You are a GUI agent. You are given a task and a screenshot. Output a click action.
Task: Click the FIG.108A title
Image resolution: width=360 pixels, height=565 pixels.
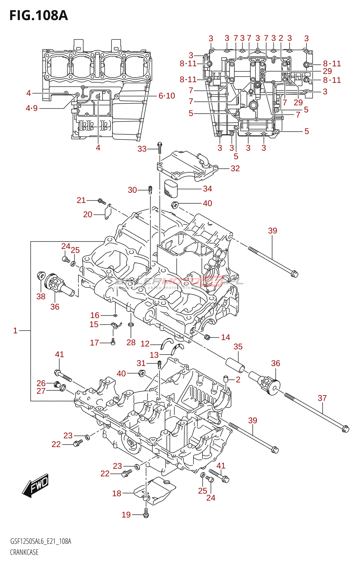(38, 16)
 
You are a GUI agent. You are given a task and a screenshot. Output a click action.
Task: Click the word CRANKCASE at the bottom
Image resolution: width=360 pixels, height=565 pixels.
(24, 552)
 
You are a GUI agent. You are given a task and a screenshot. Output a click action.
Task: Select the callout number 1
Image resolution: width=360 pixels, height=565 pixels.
(15, 331)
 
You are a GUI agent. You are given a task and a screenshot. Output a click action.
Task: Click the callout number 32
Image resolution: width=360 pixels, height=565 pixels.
(235, 168)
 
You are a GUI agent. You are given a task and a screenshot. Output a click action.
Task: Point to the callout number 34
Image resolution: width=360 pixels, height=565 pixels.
(207, 189)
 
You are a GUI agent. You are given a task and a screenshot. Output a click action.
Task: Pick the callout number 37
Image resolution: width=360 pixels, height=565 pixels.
(322, 398)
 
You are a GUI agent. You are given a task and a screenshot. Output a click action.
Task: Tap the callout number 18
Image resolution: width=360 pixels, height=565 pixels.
(116, 493)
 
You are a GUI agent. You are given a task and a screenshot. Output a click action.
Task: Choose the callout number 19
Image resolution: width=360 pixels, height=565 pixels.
(126, 515)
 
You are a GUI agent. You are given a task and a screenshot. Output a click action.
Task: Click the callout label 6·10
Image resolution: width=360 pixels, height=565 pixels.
(167, 96)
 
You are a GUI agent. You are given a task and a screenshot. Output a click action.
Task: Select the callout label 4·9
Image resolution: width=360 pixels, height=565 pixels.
(31, 108)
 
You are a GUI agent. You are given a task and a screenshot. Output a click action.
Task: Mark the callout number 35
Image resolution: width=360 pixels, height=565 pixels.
(238, 347)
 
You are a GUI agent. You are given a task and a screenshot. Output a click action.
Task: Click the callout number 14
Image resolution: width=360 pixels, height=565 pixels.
(226, 337)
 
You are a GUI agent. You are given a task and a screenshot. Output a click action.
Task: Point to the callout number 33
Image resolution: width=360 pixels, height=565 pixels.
(142, 149)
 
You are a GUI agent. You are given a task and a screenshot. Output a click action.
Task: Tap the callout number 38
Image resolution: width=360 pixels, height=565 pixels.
(41, 297)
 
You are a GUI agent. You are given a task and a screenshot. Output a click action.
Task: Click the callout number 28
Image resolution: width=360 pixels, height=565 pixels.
(131, 342)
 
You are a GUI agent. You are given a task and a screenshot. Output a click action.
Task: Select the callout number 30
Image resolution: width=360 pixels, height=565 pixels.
(132, 190)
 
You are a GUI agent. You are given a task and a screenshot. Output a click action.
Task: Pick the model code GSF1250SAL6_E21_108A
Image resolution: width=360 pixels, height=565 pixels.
(41, 541)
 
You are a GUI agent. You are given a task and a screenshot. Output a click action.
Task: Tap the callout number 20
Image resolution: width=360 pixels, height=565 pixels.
(88, 214)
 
